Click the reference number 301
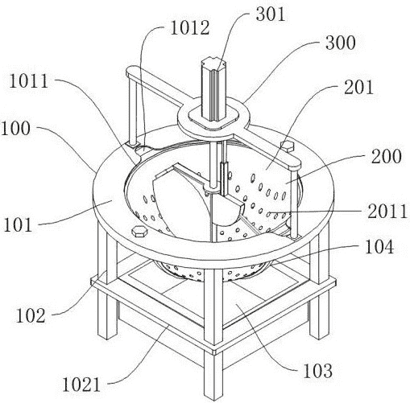click(270, 14)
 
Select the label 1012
click(190, 28)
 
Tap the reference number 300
click(341, 43)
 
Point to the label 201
click(358, 87)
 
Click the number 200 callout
click(387, 156)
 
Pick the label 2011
click(387, 212)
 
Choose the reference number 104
click(379, 246)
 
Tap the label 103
click(317, 371)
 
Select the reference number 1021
click(81, 384)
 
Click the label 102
click(31, 315)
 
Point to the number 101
click(18, 224)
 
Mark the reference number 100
click(15, 129)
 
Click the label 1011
click(28, 81)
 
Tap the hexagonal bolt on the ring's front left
click(139, 232)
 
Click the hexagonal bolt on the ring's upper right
click(288, 146)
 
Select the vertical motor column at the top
click(214, 89)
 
